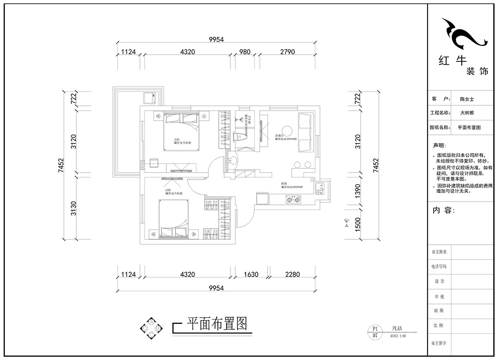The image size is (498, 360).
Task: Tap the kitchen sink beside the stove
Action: pyautogui.click(x=320, y=189)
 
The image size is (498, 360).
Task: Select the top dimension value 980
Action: pyautogui.click(x=245, y=52)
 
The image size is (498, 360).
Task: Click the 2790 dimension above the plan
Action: pyautogui.click(x=287, y=52)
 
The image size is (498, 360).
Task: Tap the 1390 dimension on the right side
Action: pyautogui.click(x=357, y=190)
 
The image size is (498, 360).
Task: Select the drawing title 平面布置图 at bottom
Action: pyautogui.click(x=217, y=323)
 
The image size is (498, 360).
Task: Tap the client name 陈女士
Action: pyautogui.click(x=467, y=100)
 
